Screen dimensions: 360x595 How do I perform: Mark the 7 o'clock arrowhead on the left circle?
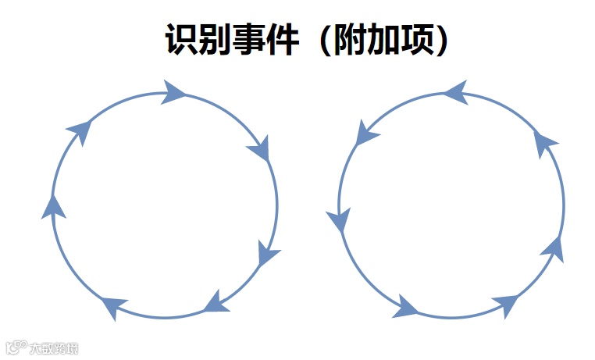pyautogui.click(x=114, y=306)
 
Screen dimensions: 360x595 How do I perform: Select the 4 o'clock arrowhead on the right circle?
pyautogui.click(x=554, y=248)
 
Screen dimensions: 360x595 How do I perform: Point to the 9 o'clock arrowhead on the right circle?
pyautogui.click(x=339, y=219)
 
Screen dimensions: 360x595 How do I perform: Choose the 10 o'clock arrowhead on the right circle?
pyautogui.click(x=365, y=134)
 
